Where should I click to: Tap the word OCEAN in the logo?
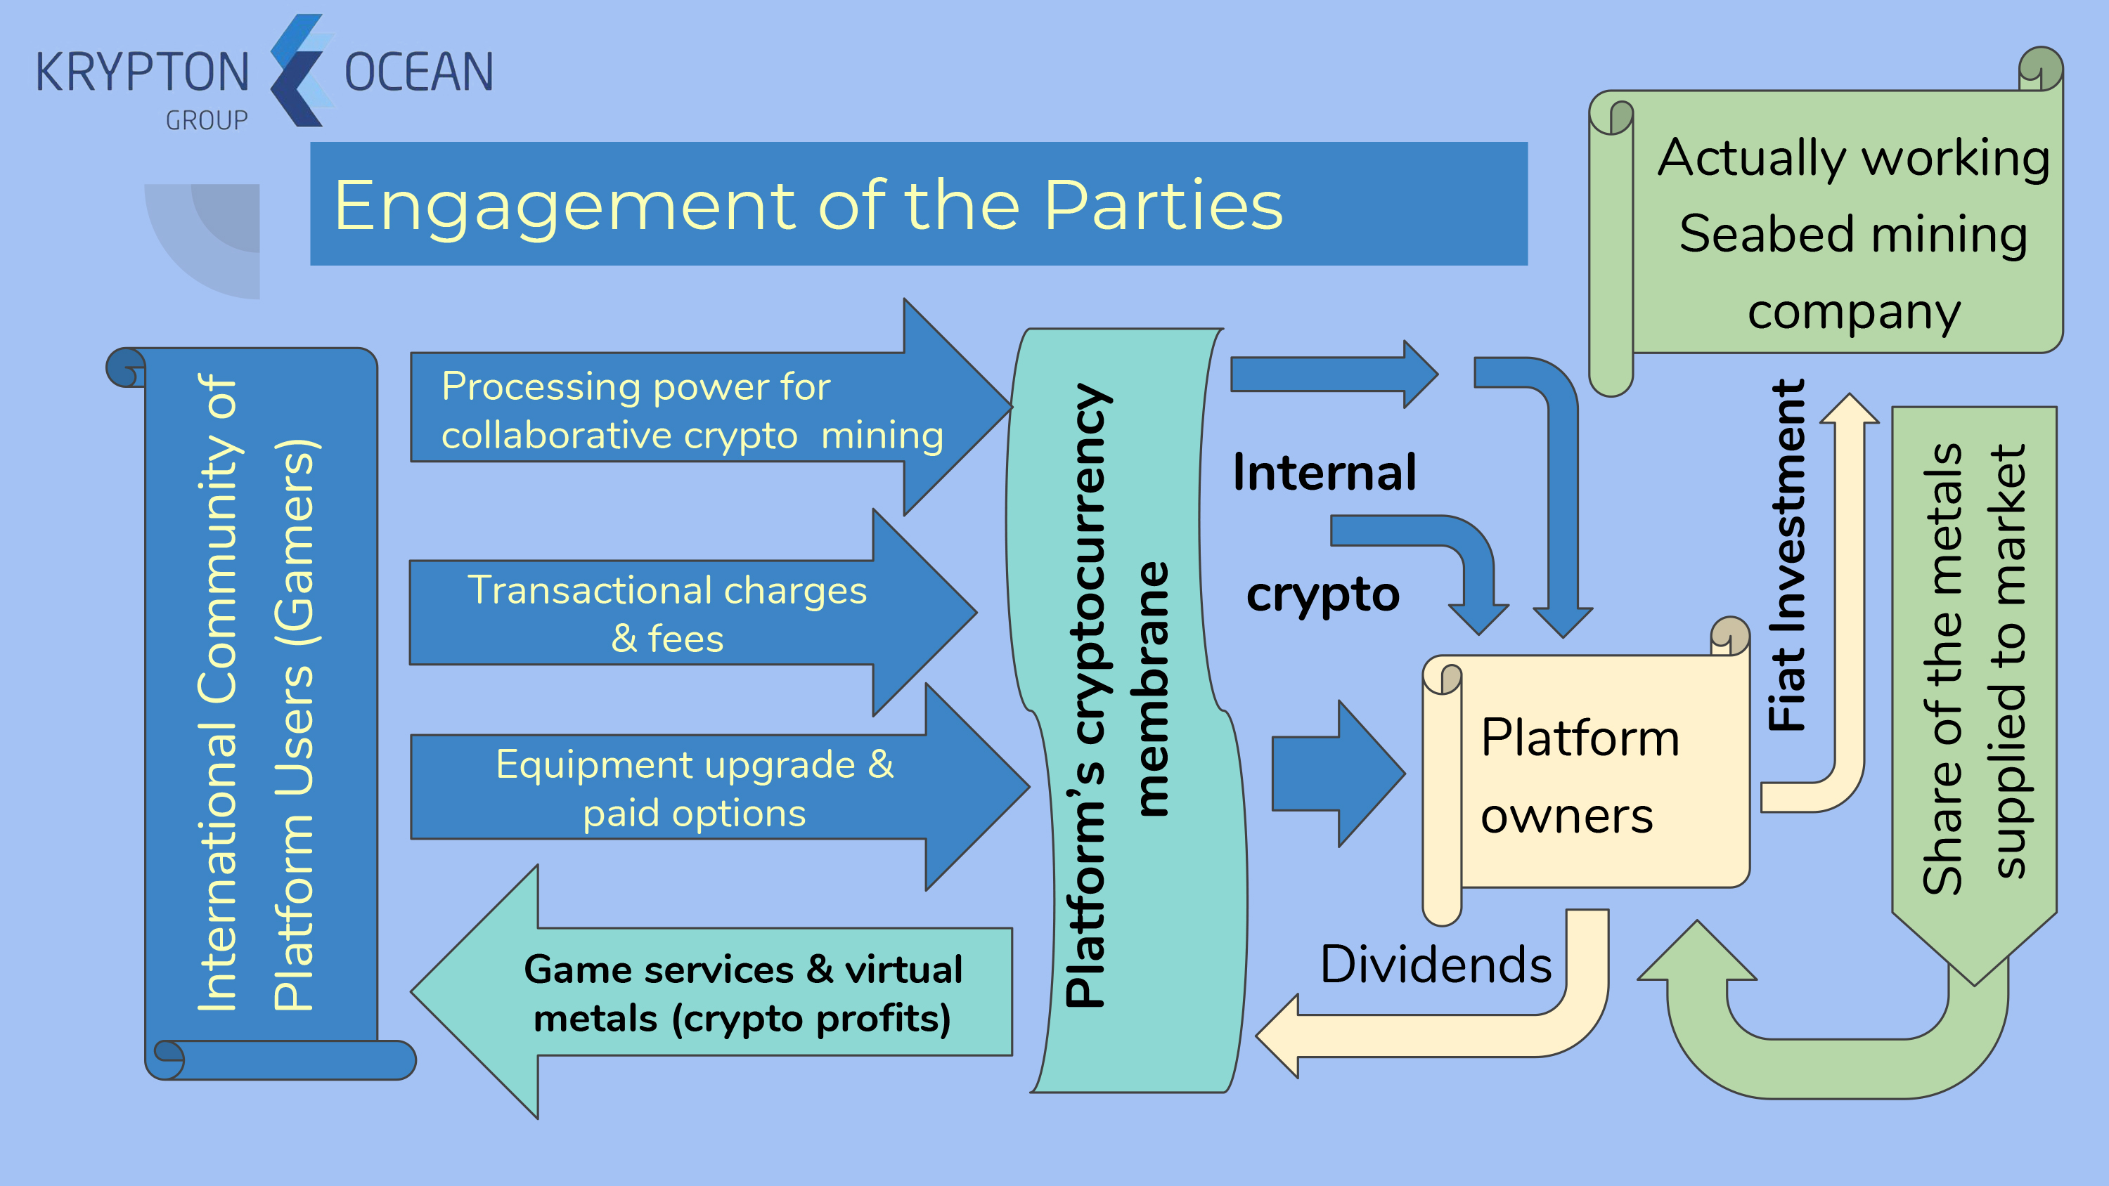[x=418, y=72]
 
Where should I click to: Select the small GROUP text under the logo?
[x=206, y=120]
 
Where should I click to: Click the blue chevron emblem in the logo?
[x=299, y=70]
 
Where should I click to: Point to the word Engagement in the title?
[x=565, y=207]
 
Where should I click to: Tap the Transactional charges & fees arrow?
[x=667, y=613]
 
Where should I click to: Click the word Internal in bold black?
[x=1324, y=472]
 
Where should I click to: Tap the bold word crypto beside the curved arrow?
[x=1323, y=595]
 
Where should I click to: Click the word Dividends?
[x=1436, y=964]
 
